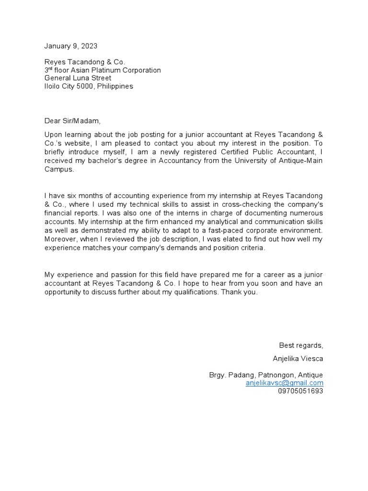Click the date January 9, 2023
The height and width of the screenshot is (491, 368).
[x=71, y=46]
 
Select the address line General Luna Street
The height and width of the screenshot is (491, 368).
[x=78, y=78]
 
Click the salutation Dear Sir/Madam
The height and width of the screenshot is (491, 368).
[x=73, y=121]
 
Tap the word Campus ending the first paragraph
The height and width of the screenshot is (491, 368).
[x=58, y=169]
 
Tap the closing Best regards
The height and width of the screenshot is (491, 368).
[x=301, y=345]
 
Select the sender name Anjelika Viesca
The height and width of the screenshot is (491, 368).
[x=298, y=359]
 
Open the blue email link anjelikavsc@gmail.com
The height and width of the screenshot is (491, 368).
[x=284, y=383]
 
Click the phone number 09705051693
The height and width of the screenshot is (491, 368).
[x=300, y=391]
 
